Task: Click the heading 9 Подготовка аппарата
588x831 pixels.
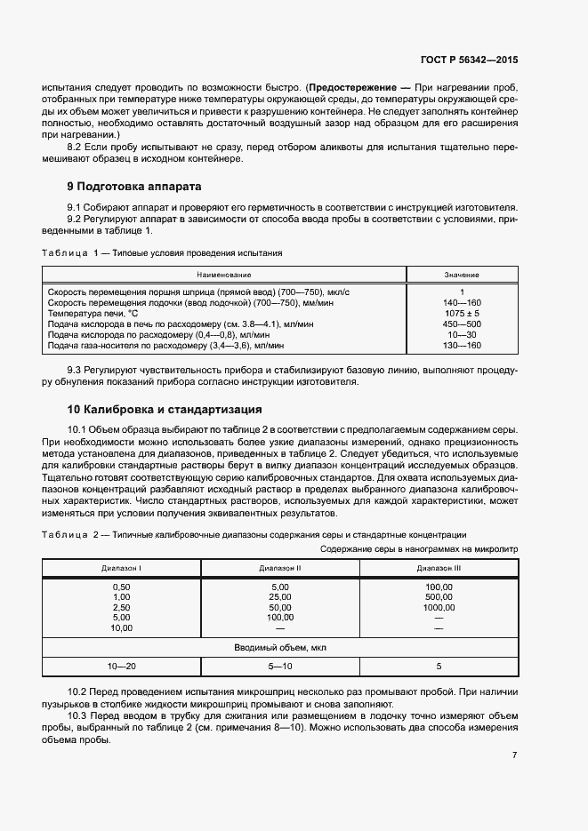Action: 134,187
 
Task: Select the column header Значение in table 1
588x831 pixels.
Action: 462,275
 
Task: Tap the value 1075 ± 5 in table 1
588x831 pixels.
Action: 463,314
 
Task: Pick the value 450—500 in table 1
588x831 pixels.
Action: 463,324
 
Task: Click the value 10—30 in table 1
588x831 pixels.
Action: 463,335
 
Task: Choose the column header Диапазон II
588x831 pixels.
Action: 280,568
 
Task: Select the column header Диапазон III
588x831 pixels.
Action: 439,568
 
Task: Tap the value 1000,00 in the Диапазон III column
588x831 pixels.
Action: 439,607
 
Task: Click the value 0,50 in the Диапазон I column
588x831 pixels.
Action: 121,587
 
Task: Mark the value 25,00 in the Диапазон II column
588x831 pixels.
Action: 280,597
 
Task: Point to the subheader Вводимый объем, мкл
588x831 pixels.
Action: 280,648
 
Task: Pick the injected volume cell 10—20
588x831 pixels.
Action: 121,666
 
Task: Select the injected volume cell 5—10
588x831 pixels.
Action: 280,666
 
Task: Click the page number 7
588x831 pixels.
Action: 515,755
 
